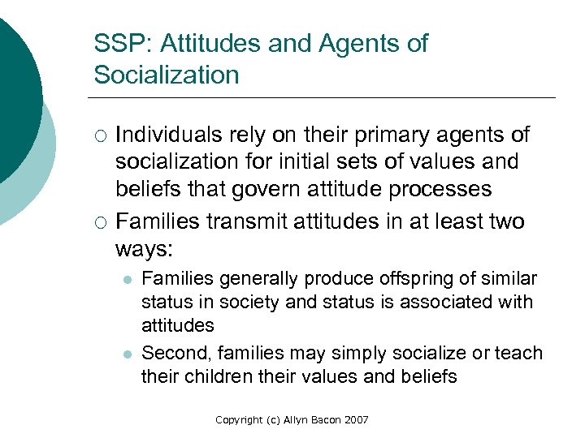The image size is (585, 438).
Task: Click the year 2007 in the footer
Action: (x=355, y=420)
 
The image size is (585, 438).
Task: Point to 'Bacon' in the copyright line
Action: (x=319, y=420)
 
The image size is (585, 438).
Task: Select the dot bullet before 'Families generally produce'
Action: (x=126, y=280)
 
